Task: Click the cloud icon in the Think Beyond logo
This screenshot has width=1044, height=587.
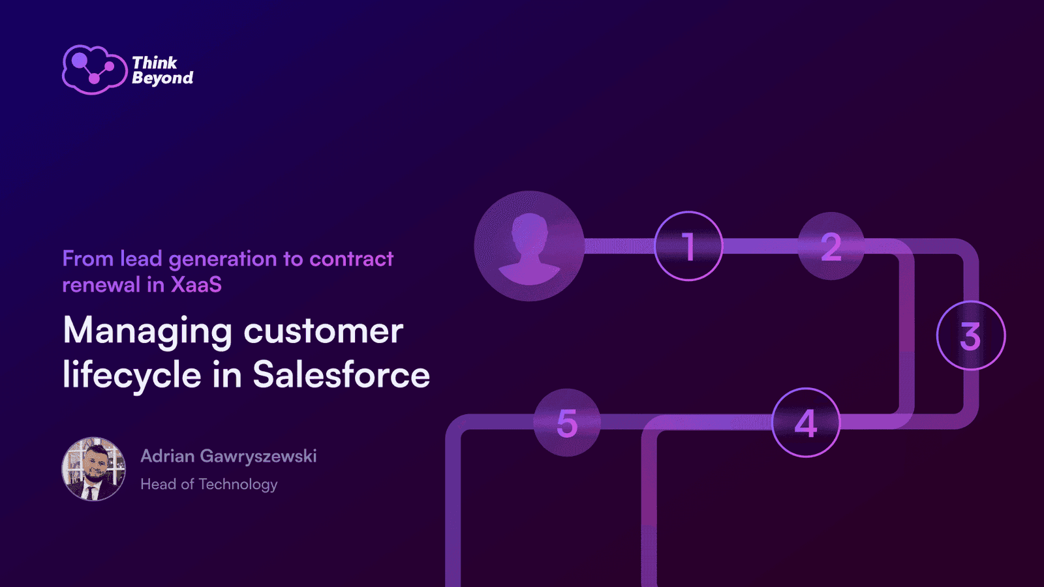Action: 95,70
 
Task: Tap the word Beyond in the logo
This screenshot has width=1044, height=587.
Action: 162,78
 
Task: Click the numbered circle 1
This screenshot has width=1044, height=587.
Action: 688,246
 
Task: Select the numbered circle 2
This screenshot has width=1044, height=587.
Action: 831,246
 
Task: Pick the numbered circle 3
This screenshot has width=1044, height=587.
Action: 971,335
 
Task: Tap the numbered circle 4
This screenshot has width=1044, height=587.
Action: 806,423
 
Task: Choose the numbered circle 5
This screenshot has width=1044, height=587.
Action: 567,423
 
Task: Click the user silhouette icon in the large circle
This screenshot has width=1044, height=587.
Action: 529,248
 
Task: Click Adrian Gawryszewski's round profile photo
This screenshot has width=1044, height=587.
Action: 94,469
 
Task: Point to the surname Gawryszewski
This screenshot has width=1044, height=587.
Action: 258,457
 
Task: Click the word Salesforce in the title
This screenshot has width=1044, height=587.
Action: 341,375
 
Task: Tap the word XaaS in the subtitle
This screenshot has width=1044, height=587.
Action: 196,284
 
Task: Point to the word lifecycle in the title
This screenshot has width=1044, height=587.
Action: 132,376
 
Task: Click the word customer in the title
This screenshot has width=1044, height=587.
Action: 324,331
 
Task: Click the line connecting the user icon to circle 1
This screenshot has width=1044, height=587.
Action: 619,246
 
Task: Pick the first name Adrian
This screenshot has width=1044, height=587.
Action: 168,456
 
